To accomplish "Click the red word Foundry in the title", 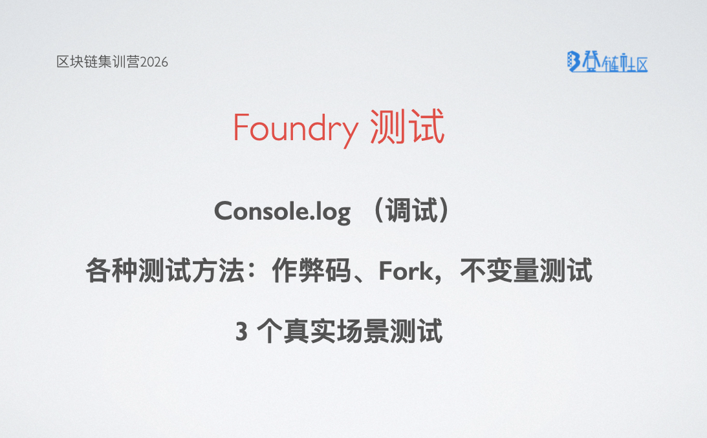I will pos(295,128).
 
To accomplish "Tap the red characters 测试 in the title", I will pos(408,128).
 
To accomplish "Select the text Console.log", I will pos(282,211).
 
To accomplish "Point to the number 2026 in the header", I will pos(154,62).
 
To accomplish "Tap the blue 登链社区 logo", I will pos(607,61).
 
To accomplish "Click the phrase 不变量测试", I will pos(526,272).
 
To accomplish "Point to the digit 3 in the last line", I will pos(241,333).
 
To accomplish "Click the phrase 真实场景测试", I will pos(363,333).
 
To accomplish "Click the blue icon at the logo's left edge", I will pos(572,61).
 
